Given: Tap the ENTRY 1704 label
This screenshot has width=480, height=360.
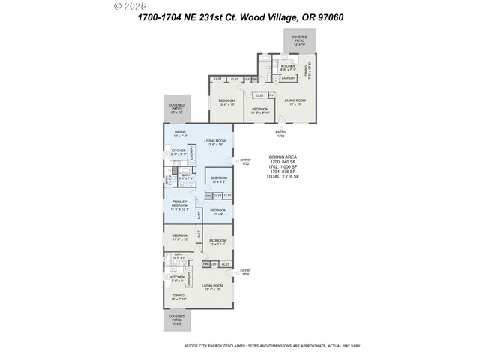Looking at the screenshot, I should point(280,134).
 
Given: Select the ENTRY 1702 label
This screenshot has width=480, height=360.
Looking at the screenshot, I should point(245,161).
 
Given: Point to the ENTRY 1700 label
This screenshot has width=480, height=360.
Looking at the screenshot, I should point(245,274).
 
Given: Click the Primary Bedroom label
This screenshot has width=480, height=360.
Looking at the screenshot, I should point(180,206).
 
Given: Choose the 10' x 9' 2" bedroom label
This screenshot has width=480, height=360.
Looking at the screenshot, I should point(218,180).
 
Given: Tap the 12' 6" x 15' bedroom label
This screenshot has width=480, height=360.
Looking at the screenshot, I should point(226,102).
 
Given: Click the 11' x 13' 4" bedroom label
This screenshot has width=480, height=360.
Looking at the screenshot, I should point(217,241).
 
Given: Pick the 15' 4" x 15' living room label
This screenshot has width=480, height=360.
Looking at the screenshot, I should point(214,286).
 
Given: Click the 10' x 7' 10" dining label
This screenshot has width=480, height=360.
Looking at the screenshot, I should point(178,297).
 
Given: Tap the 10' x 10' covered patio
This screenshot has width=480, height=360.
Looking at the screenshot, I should point(176,109).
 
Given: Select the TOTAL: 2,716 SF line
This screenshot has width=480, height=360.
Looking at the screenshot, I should point(283,177).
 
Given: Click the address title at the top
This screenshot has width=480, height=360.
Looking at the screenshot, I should point(240,16).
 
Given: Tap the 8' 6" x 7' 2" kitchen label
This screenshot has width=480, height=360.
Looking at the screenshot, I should point(289,67).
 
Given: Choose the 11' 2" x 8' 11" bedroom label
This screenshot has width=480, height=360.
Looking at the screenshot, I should point(260,111).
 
